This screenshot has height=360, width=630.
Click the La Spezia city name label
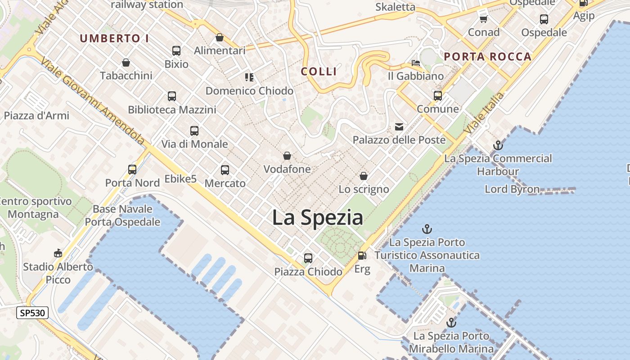pos(318,218)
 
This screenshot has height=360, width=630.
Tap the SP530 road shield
pos(32,313)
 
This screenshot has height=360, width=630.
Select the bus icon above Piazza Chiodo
pos(308,258)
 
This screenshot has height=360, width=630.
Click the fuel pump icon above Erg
pos(362,256)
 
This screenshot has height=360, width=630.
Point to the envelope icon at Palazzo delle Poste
pos(399,126)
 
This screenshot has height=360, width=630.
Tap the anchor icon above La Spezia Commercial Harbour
pos(498,145)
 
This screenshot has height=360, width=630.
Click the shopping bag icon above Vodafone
pos(287,156)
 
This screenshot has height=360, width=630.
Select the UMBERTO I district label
pos(114,39)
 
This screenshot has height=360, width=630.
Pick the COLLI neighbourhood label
pos(319,71)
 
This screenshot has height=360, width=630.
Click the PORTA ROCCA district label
pos(488,57)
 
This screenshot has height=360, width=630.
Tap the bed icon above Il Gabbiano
pos(416,63)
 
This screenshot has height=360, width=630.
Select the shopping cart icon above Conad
pos(484,19)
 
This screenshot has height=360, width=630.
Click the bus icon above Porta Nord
pos(132,169)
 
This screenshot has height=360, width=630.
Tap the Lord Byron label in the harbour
pos(512,189)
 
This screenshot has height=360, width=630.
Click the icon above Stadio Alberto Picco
pos(58,253)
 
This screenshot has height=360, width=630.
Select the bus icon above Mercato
pos(225,170)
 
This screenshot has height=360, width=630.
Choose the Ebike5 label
pos(180,179)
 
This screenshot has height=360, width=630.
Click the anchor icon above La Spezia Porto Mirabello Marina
pos(451,322)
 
